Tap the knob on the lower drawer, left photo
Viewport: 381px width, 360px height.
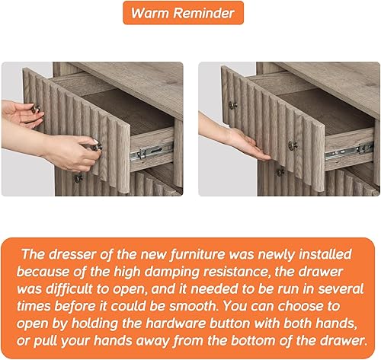tap(78, 177)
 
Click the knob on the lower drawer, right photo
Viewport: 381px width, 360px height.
tap(280, 172)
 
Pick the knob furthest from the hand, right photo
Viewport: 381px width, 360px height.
tap(233, 105)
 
